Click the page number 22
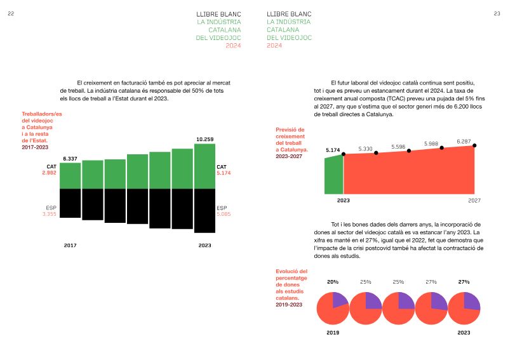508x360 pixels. (x=11, y=13)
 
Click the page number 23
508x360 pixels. (x=497, y=13)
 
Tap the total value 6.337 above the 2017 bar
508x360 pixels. (x=70, y=158)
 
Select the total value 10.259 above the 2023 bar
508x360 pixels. (x=204, y=139)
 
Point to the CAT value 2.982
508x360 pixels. (x=50, y=173)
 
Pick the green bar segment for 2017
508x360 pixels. (x=70, y=176)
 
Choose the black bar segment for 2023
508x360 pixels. (x=204, y=210)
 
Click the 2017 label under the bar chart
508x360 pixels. (x=70, y=245)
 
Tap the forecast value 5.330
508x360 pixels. (x=365, y=149)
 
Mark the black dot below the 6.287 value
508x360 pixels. (x=474, y=145)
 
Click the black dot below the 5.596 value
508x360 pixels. (x=409, y=150)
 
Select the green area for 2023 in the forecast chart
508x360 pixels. (x=333, y=175)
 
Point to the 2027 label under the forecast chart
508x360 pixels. (x=474, y=200)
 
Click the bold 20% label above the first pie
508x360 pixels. (x=333, y=281)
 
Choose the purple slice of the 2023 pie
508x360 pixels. (x=472, y=300)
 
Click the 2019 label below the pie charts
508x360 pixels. (x=333, y=332)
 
